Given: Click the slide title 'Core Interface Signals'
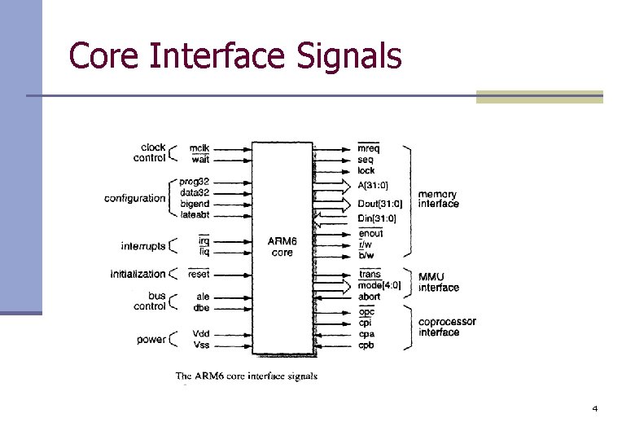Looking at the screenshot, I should point(235,56).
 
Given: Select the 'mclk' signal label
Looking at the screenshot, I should point(199,148).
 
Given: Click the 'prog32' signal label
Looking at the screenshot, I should point(195,181).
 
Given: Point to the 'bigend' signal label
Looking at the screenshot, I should point(195,203).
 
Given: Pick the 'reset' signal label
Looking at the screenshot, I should point(199,275).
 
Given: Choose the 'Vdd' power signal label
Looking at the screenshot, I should point(200,334).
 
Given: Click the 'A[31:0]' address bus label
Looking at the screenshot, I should point(374,185).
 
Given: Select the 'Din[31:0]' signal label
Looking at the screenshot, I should point(377,218).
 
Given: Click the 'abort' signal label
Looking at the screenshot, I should point(369,297).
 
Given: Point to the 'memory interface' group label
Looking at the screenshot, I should point(438,199).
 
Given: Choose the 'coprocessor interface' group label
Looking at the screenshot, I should point(447,327).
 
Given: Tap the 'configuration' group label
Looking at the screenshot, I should point(134,198).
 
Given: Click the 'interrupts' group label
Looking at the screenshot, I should point(142,246).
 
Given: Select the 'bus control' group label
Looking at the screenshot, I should point(150,301).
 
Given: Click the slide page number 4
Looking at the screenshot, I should point(595,407).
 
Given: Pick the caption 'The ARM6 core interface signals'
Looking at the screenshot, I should point(247,376).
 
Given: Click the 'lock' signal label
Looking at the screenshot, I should point(366,170).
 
